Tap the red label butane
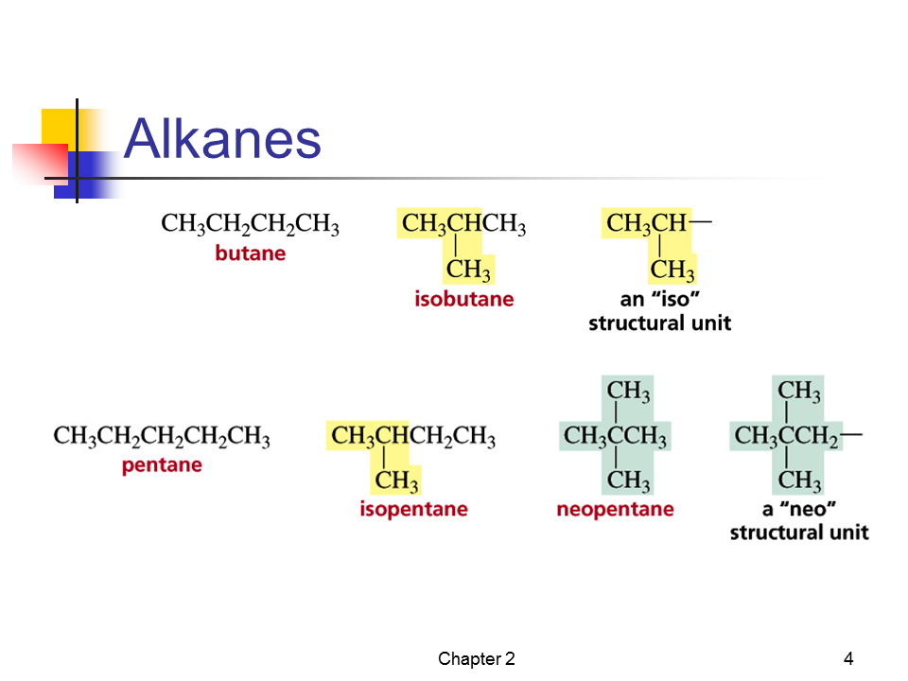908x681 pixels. (250, 253)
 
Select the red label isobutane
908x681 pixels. (463, 299)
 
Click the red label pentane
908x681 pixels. (162, 465)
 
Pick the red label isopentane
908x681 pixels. (413, 509)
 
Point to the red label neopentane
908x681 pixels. (615, 509)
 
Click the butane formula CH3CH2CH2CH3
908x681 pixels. (250, 224)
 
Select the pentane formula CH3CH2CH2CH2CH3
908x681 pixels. (162, 437)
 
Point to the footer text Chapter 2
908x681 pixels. (476, 658)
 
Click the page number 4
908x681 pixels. (848, 658)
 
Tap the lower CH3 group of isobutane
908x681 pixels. (468, 270)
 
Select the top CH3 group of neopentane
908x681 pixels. (628, 391)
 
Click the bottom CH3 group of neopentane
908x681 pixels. (628, 480)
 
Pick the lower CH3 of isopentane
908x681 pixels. (396, 480)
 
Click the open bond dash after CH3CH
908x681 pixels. (701, 221)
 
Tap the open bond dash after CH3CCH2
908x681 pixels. (851, 434)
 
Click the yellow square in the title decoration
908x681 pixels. (59, 127)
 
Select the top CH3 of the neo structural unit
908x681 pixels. (799, 391)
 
